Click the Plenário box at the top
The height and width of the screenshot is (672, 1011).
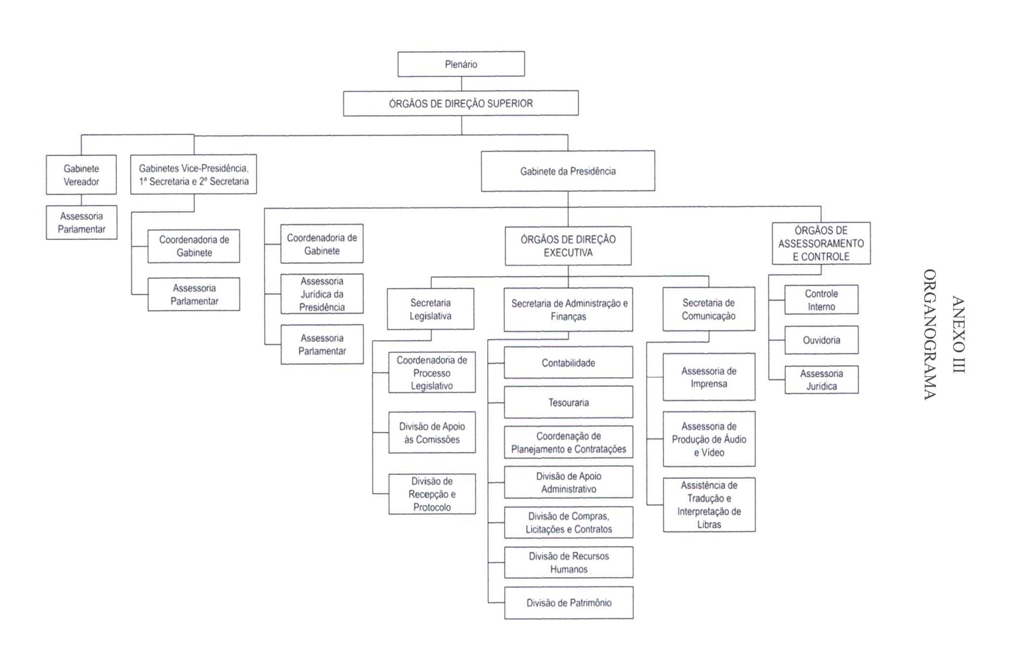461,64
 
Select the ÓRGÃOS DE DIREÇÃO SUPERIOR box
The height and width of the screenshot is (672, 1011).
461,103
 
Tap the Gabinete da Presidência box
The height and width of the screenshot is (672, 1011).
568,171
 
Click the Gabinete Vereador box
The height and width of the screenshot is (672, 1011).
81,175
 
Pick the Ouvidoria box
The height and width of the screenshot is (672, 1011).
821,340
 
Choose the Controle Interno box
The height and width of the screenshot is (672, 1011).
821,300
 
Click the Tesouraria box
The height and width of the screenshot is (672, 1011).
569,402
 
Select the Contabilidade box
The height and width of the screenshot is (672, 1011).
569,363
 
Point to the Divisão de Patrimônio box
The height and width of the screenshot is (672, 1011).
569,603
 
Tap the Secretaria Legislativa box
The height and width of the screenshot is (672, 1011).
431,309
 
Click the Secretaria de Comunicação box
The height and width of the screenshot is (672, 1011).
709,309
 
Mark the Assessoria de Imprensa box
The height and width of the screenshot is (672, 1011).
709,377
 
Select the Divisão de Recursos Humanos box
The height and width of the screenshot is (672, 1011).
569,563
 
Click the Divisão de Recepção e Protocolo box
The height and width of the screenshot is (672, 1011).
432,494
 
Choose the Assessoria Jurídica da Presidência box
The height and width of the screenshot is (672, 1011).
322,294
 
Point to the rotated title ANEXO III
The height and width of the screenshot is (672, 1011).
958,334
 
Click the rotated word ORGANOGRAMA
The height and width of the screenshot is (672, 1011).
930,334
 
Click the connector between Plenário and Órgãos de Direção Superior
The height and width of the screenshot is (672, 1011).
461,84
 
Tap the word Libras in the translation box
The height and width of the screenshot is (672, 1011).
709,524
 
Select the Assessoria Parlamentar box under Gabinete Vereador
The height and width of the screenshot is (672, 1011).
81,223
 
